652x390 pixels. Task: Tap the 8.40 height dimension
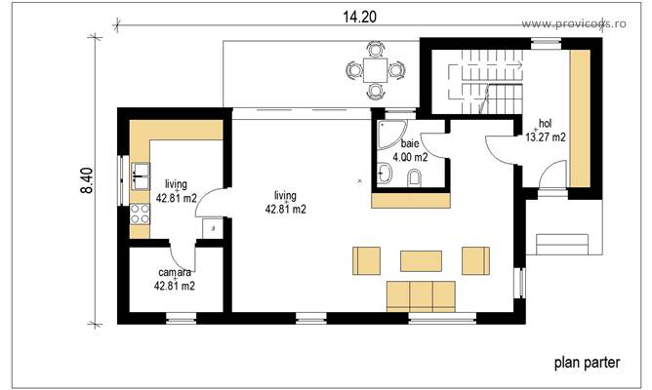(x=88, y=180)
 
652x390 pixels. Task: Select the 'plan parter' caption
(x=587, y=363)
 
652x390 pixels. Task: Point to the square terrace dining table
(x=375, y=70)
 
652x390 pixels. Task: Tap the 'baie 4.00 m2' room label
(x=407, y=149)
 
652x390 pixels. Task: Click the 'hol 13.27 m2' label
(x=546, y=131)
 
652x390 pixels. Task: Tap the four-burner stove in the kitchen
(x=138, y=217)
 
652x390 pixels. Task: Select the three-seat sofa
(x=422, y=295)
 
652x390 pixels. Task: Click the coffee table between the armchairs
(x=421, y=260)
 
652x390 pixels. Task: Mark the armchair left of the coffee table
(x=366, y=260)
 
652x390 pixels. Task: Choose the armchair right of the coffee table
(x=475, y=260)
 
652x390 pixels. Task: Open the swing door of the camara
(x=185, y=255)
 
